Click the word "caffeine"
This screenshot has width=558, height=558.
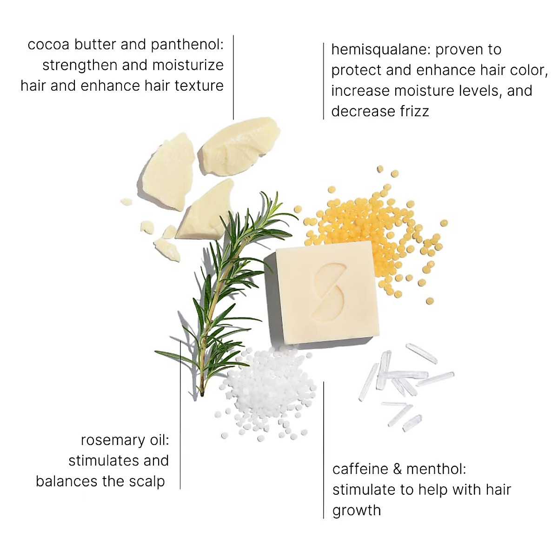(x=360, y=469)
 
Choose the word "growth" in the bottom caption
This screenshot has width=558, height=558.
(x=356, y=511)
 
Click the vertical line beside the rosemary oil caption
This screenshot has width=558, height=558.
(x=180, y=414)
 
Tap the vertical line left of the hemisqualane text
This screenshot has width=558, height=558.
(x=323, y=81)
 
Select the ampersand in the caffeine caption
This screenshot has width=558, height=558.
(x=397, y=469)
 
